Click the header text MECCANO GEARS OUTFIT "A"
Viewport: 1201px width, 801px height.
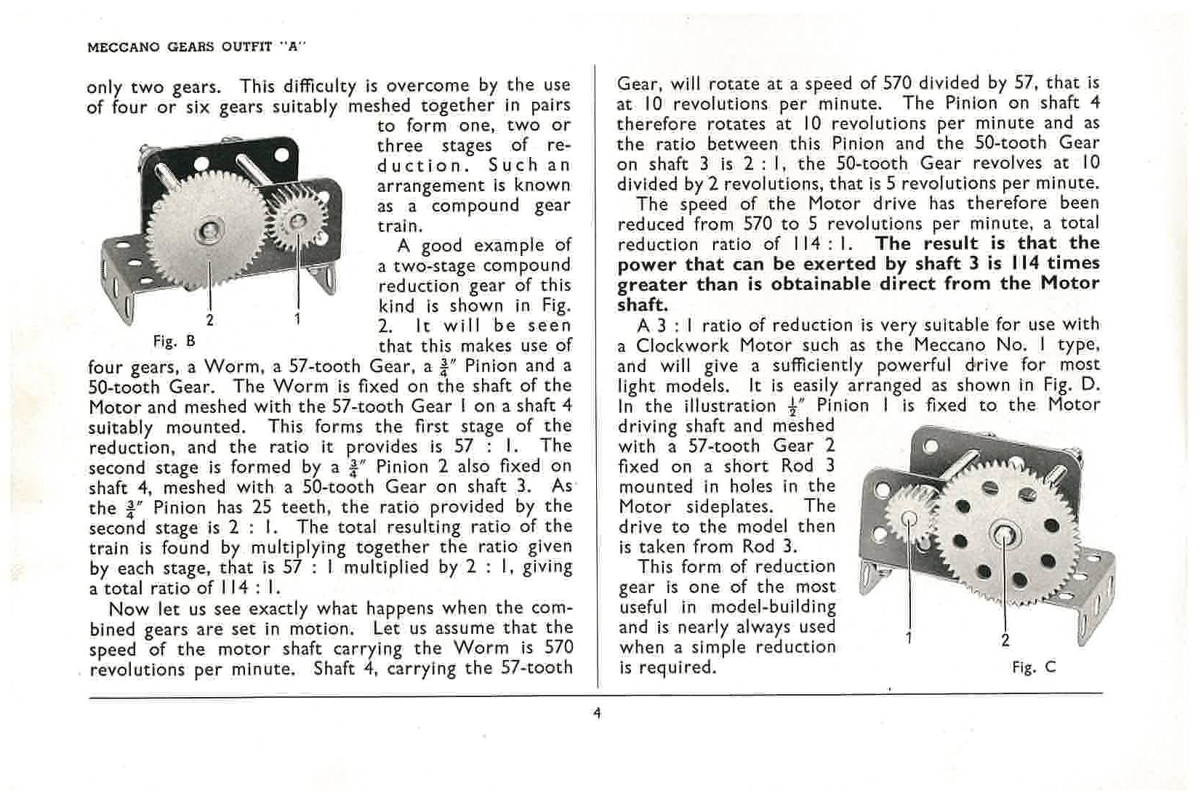(196, 48)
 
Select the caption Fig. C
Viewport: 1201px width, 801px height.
(1033, 667)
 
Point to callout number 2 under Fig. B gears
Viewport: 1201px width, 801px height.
(210, 319)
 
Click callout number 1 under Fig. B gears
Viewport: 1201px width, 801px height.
(297, 319)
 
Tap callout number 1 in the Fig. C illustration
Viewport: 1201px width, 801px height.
(909, 637)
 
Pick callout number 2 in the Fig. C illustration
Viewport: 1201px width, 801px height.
(1005, 640)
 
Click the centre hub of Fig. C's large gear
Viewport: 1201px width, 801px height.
(1004, 532)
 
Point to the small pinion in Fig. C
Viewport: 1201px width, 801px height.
(909, 516)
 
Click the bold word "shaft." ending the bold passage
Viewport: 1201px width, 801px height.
(642, 305)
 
